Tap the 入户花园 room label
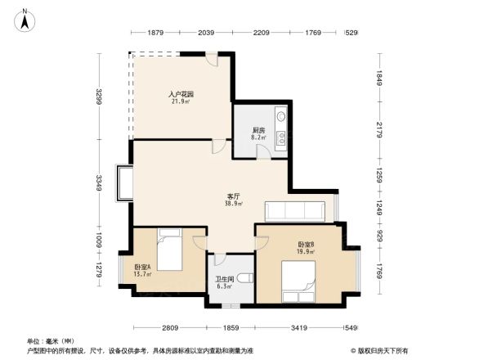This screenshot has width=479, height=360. tap(181, 94)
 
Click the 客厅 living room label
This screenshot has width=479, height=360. tap(233, 196)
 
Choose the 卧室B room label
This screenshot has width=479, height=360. tap(306, 245)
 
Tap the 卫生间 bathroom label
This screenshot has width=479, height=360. tap(224, 279)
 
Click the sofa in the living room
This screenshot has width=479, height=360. tap(297, 210)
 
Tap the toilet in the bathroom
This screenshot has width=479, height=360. tap(245, 277)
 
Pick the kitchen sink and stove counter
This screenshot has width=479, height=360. tap(280, 128)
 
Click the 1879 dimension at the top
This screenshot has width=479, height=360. tap(157, 33)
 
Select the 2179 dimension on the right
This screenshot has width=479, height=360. tap(379, 129)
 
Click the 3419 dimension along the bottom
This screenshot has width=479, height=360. tap(298, 327)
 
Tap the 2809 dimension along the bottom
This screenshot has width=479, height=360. tap(168, 327)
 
